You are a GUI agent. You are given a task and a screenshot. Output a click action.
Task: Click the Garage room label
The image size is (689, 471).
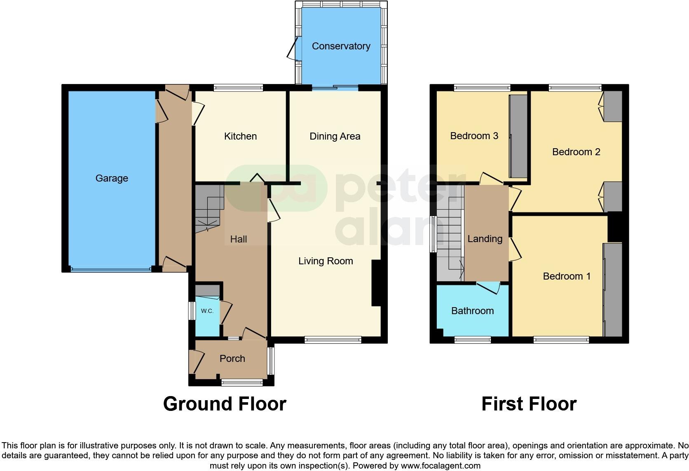tap(112, 178)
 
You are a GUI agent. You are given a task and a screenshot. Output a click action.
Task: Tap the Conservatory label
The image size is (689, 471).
tap(341, 46)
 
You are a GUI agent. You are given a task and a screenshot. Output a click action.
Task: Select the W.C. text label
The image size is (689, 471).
tap(207, 311)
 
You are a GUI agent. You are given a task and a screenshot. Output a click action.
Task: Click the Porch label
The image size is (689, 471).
tap(232, 359)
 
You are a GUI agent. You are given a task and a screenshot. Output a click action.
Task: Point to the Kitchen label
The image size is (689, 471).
tap(240, 136)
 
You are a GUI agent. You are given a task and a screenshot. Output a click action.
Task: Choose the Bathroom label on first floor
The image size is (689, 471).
tap(472, 311)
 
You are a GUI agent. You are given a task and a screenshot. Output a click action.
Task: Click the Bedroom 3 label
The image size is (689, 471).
tap(474, 136)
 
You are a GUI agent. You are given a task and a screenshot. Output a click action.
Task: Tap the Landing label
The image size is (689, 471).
tap(485, 239)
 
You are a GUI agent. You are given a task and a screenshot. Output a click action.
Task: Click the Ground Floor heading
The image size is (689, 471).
tap(225, 404)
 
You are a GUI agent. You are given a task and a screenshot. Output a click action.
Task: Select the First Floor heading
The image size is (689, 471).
tap(529, 404)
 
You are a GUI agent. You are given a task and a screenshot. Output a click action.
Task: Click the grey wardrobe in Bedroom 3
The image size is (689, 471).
tap(518, 136)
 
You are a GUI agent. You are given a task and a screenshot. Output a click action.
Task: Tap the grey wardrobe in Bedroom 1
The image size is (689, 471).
tap(613, 290)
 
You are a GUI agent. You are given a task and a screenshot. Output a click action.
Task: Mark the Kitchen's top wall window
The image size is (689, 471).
tap(238, 87)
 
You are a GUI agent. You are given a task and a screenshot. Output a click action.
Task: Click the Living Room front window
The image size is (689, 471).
tap(333, 340)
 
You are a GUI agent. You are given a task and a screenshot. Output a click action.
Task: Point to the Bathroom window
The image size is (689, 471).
tap(473, 340)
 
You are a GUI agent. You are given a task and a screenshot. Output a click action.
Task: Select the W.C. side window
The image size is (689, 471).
tap(192, 311)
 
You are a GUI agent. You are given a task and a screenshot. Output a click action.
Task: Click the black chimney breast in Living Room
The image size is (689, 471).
tap(376, 283)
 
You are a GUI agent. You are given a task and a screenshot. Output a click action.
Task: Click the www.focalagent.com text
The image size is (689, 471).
tap(441, 466)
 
